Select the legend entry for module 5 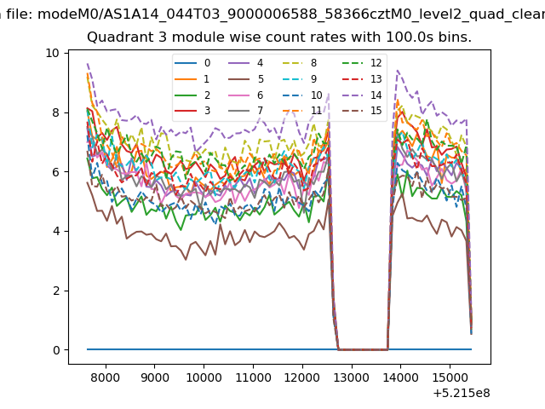[246, 79]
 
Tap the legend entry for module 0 [192, 63]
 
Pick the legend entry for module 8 [300, 63]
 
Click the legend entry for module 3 [192, 111]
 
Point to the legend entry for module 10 [302, 95]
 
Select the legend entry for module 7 [246, 111]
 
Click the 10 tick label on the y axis [53, 53]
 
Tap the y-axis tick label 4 [56, 231]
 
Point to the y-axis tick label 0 [56, 350]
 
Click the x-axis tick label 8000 [105, 377]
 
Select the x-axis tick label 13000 [352, 377]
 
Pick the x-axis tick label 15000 [450, 377]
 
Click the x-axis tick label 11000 [253, 377]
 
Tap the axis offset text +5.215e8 [462, 394]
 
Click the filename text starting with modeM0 [291, 14]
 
